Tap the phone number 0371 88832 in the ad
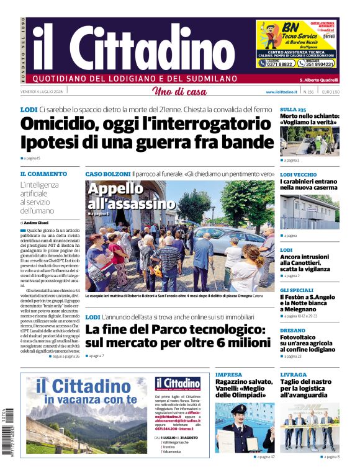[x=277, y=63]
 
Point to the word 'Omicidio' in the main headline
[x=68, y=123]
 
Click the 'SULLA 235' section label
[x=292, y=109]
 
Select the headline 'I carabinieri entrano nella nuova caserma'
[x=308, y=185]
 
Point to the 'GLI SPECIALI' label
[x=296, y=290]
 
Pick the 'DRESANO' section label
[x=293, y=331]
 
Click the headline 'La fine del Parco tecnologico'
[x=176, y=331]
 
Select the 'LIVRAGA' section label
[x=294, y=375]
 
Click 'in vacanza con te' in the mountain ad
[x=90, y=400]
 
